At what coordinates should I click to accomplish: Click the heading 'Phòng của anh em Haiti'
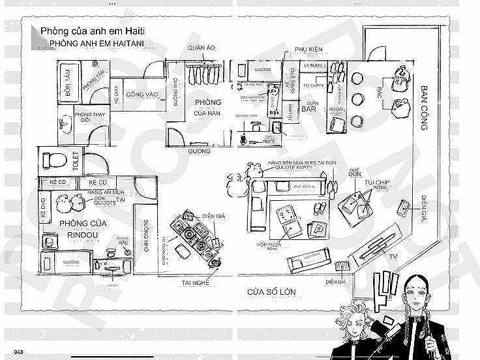[92, 31]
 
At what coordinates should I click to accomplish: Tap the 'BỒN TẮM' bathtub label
[70, 89]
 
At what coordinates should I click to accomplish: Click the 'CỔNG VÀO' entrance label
[143, 95]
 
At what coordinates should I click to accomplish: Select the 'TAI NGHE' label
[196, 282]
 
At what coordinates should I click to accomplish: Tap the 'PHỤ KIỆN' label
[309, 49]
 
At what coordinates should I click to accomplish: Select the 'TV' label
[393, 259]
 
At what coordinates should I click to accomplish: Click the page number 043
[14, 353]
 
